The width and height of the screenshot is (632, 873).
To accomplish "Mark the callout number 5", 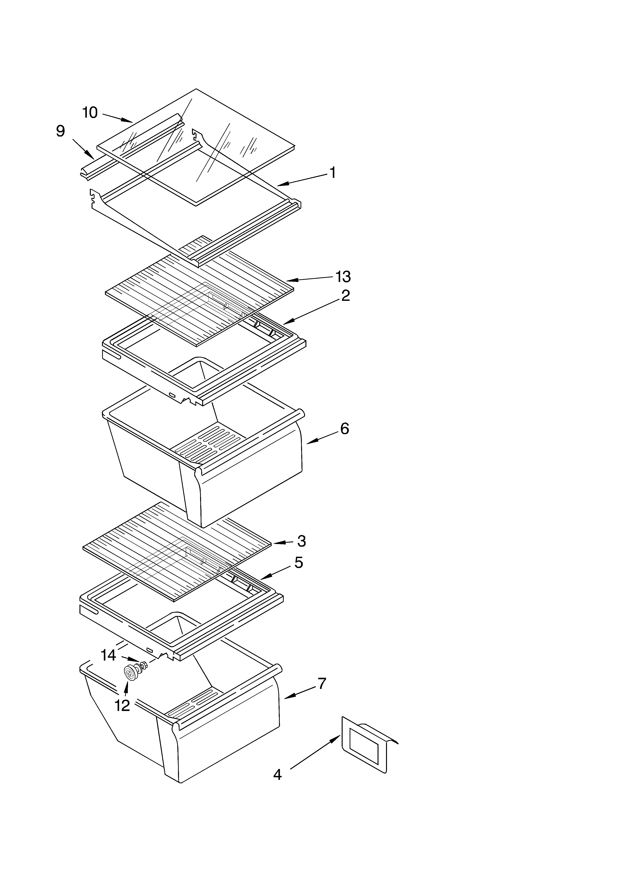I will [x=299, y=563].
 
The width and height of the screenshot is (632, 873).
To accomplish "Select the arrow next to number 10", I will [x=117, y=117].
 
